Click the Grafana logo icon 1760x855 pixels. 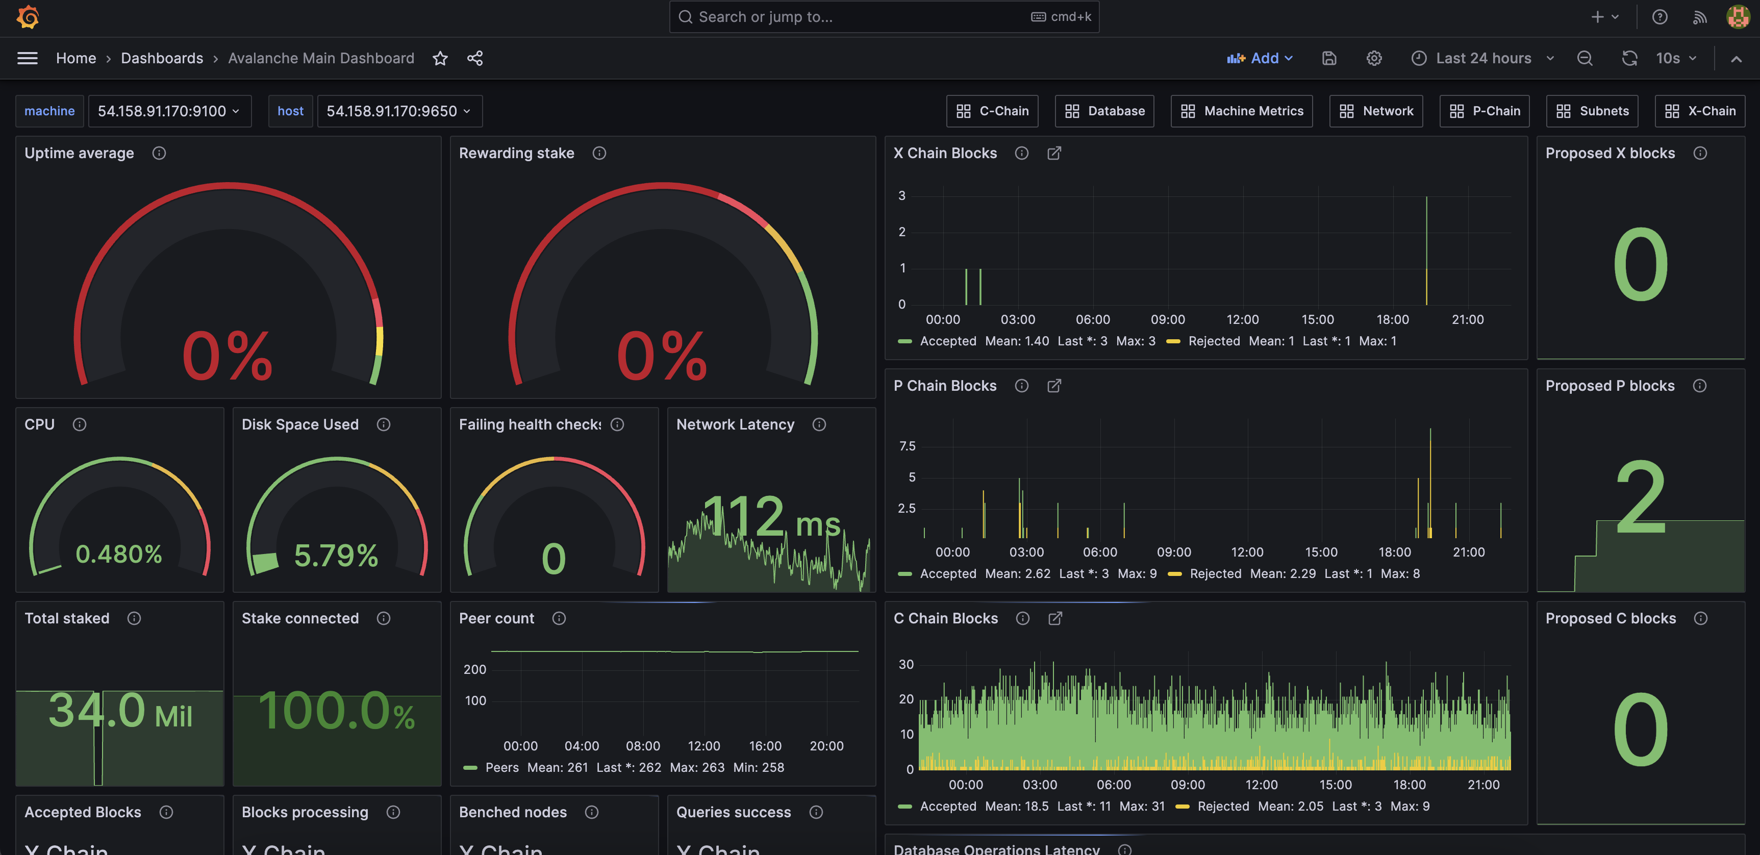28,17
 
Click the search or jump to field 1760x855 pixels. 854,17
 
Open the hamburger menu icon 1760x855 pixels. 28,58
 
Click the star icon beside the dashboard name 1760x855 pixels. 440,58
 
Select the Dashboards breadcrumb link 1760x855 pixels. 162,58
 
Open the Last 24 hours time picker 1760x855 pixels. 1482,58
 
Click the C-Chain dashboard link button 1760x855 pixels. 992,111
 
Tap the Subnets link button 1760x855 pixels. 1592,111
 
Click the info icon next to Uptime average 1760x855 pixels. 159,153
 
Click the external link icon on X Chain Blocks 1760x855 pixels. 1054,153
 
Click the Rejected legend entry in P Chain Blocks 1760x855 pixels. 1215,573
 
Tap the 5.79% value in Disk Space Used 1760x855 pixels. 336,555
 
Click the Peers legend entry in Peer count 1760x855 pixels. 501,768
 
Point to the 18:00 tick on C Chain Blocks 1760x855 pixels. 1409,785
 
